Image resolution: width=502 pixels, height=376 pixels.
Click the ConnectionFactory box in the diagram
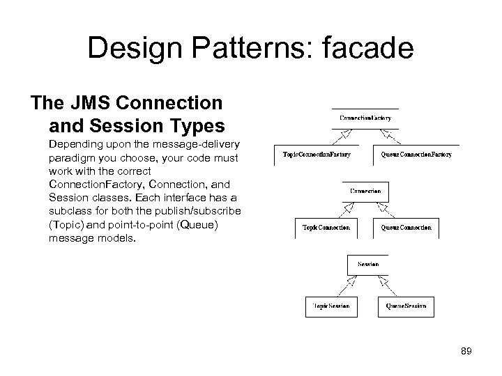365,118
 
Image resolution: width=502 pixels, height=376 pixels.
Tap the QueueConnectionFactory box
417,154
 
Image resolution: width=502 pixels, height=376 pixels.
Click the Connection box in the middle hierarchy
365,191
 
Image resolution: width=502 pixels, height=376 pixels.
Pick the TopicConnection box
326,227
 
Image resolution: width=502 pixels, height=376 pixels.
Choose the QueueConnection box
406,227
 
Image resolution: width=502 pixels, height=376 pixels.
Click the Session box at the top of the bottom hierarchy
367,265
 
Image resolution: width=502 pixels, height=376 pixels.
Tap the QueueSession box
406,306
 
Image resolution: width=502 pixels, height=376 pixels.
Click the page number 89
465,352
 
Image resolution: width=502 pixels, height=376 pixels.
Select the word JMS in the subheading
92,104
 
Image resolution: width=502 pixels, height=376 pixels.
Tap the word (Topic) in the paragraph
67,225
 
